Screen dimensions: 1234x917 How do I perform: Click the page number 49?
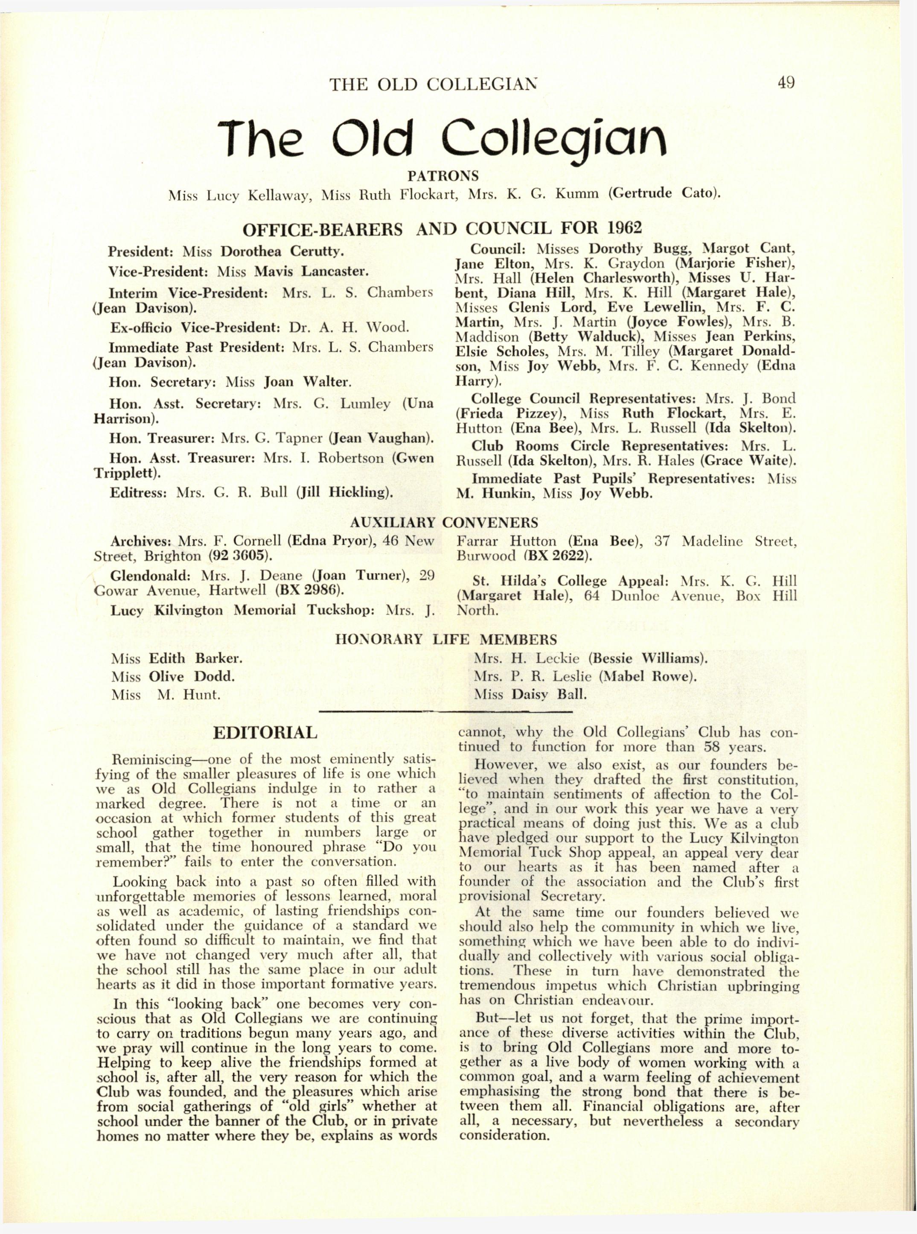coord(786,83)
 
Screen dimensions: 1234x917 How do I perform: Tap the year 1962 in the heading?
coord(624,228)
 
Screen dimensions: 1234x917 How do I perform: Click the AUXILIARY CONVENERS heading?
coord(444,523)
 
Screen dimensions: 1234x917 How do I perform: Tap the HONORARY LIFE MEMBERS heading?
coord(446,639)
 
